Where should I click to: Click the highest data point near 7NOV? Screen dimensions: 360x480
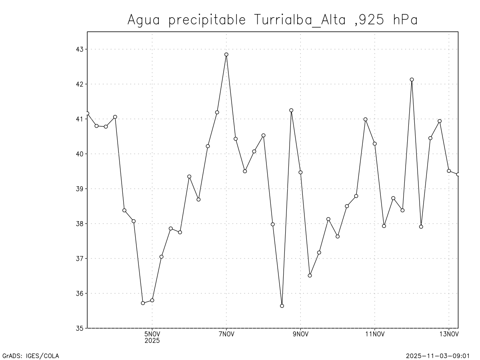pyautogui.click(x=226, y=54)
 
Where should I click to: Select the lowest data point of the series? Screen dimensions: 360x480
pyautogui.click(x=282, y=306)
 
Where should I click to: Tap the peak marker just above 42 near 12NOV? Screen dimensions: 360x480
pyautogui.click(x=412, y=80)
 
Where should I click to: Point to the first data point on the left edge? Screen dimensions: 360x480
pyautogui.click(x=87, y=113)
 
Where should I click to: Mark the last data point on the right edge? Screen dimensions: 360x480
pyautogui.click(x=458, y=174)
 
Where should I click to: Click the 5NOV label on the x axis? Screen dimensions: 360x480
pyautogui.click(x=152, y=335)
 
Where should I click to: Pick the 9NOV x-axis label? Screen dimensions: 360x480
pyautogui.click(x=300, y=335)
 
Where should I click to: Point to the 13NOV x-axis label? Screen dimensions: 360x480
pyautogui.click(x=449, y=335)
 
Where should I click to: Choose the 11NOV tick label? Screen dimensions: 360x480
pyautogui.click(x=375, y=335)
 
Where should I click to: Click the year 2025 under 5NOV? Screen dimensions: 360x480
pyautogui.click(x=152, y=341)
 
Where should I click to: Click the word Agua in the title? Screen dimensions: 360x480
pyautogui.click(x=144, y=20)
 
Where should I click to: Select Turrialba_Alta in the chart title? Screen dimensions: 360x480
pyautogui.click(x=300, y=20)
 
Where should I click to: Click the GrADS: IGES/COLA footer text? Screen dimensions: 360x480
pyautogui.click(x=31, y=356)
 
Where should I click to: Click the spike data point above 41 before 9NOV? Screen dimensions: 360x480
pyautogui.click(x=291, y=110)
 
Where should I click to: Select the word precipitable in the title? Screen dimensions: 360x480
pyautogui.click(x=207, y=20)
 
